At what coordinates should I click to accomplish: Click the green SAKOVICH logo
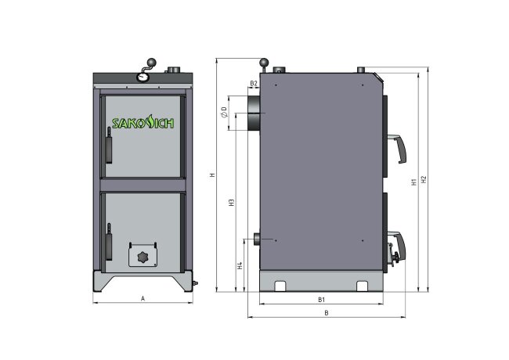142,123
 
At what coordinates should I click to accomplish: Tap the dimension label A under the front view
142,297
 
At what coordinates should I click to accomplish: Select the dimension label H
212,175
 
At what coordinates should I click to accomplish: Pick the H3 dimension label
232,203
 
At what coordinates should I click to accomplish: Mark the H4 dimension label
240,265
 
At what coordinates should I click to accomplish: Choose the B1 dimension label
321,300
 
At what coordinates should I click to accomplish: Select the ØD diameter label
224,112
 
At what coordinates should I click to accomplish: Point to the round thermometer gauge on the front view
143,76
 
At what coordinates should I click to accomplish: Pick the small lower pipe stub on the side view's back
255,238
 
